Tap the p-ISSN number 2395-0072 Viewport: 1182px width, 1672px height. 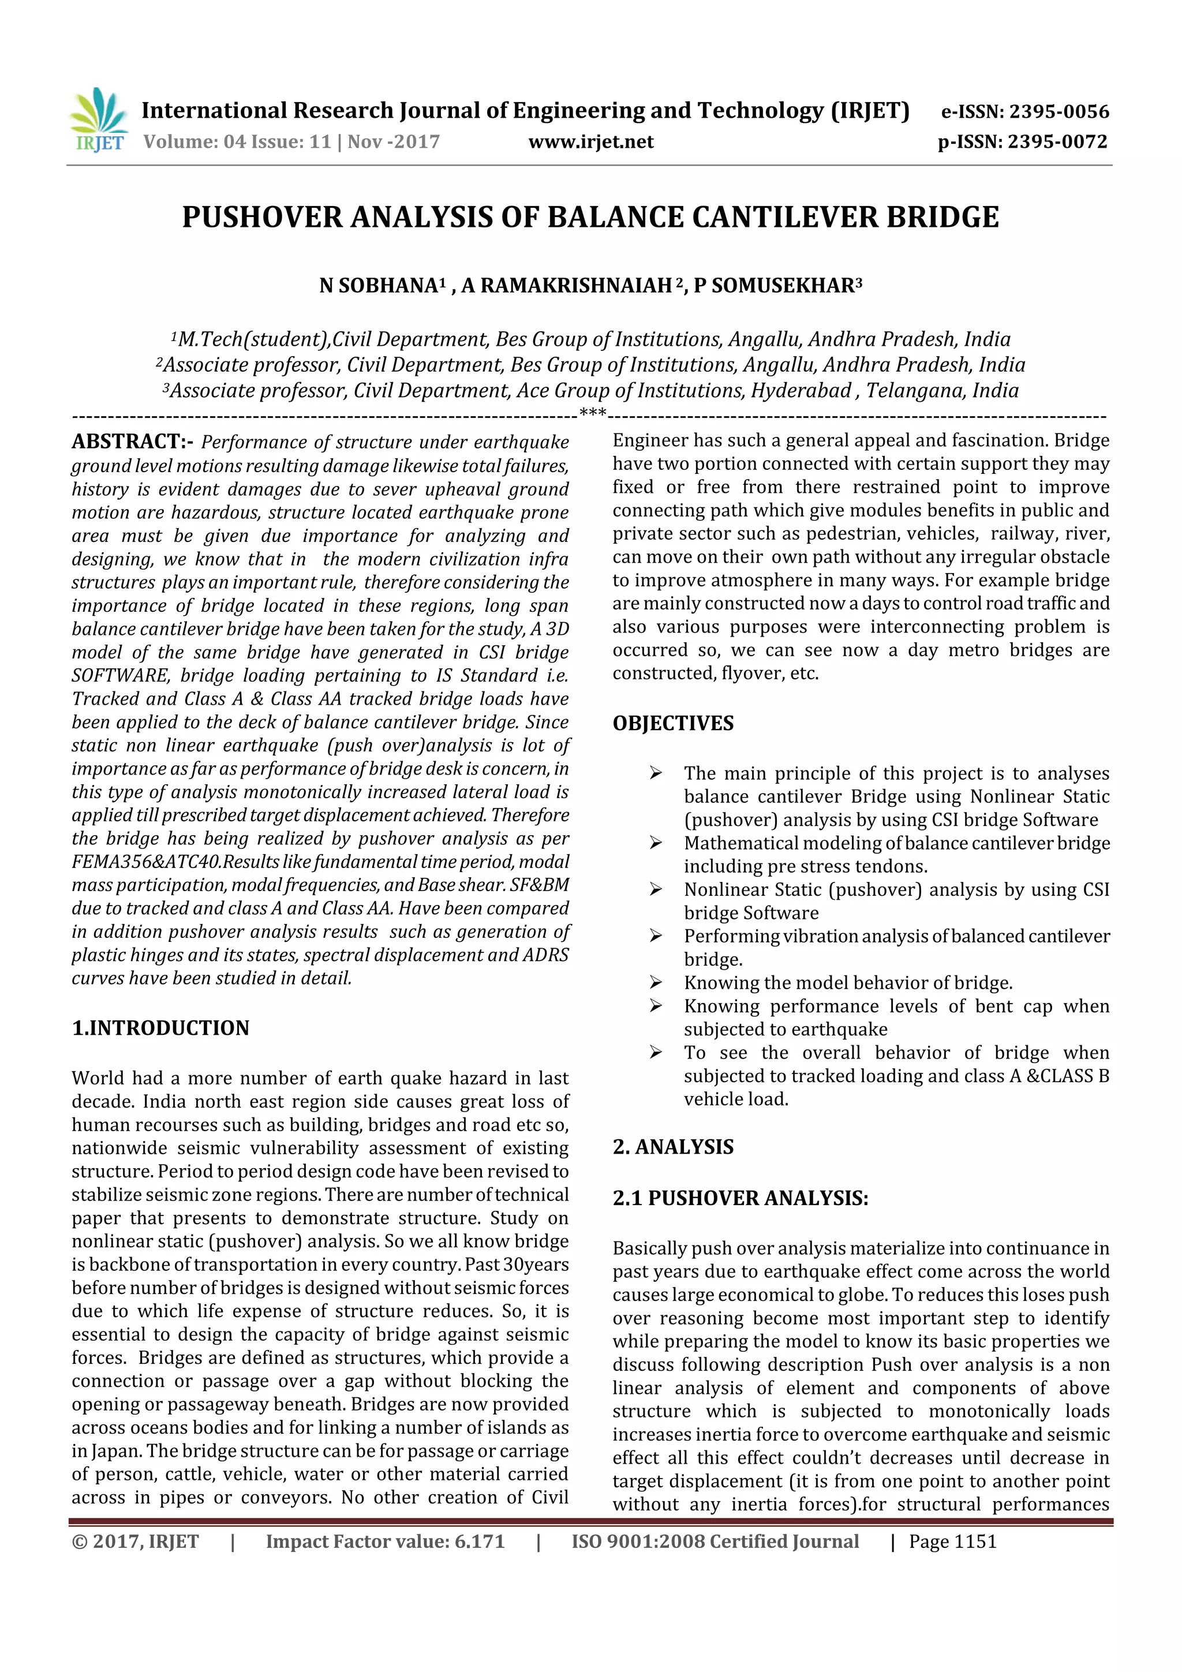[1057, 141]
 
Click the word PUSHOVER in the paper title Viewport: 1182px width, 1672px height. [261, 217]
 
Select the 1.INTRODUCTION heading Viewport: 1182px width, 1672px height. [160, 1027]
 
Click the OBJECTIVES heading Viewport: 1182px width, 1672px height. [673, 723]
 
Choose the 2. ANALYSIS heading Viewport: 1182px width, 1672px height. [673, 1147]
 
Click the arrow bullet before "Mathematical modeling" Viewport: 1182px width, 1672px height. [656, 843]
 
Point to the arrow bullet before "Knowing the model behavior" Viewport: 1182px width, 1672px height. [656, 983]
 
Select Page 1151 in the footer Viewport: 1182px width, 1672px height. [953, 1542]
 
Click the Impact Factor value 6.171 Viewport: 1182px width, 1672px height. [478, 1542]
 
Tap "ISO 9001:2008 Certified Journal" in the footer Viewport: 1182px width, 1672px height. [715, 1542]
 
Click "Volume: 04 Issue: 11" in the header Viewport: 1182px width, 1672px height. [237, 141]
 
